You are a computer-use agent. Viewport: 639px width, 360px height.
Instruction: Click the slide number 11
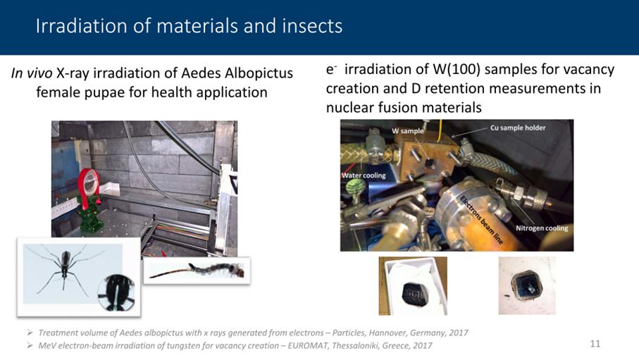595,344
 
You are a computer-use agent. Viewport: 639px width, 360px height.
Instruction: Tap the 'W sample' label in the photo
407,131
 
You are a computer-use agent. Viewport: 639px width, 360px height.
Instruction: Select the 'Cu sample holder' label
518,128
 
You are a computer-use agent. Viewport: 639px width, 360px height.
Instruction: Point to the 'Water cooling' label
364,175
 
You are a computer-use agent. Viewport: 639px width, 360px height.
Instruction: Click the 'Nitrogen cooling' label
542,228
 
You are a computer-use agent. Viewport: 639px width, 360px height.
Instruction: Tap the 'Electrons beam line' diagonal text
481,219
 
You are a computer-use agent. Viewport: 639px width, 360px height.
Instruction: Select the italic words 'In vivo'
32,73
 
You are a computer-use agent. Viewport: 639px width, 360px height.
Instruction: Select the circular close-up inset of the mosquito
116,292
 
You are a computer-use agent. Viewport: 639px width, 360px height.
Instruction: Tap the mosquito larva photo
197,271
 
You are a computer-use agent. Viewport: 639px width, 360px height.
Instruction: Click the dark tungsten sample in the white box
414,294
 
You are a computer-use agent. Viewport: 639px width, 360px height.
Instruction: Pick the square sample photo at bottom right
526,285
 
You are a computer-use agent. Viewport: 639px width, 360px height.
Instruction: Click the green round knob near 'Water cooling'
355,188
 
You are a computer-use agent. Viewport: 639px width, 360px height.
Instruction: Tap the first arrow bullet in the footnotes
30,333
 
